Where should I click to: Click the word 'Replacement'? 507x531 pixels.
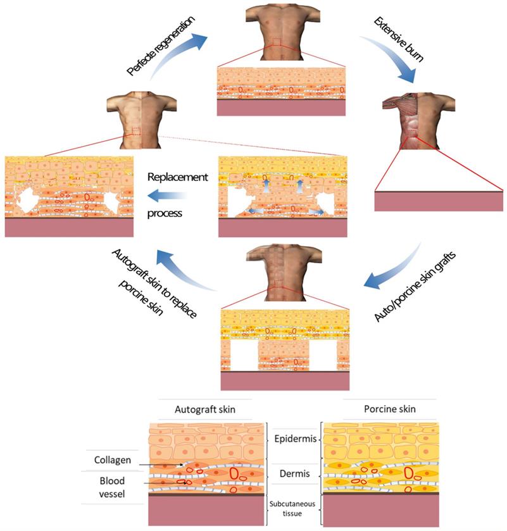click(x=177, y=177)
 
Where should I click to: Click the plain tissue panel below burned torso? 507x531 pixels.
click(x=439, y=201)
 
